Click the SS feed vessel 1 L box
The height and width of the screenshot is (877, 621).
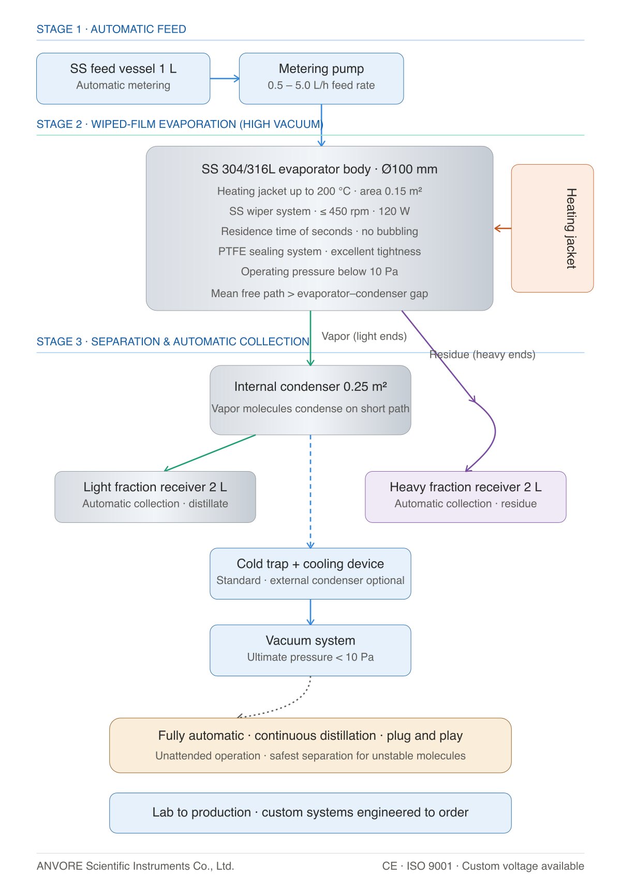coord(123,78)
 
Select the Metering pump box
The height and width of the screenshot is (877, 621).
coord(321,78)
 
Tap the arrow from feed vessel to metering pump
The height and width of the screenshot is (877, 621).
coord(225,78)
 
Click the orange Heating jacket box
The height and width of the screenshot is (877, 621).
coord(552,228)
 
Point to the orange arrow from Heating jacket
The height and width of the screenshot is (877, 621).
coord(502,228)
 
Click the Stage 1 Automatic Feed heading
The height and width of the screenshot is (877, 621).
coord(111,29)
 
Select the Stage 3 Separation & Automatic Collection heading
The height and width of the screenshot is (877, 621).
coord(172,341)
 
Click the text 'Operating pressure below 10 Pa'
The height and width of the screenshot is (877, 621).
coord(319,271)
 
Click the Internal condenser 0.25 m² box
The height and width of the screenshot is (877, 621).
coord(310,400)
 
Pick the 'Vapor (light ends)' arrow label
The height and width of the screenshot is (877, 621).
coord(364,337)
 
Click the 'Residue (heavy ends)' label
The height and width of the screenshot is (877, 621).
coord(482,354)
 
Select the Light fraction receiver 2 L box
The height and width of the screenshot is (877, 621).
coord(155,497)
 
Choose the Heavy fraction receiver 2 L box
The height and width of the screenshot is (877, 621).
coord(466,497)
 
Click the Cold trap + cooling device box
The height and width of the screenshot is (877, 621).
coord(310,574)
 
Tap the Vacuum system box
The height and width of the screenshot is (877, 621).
coord(310,650)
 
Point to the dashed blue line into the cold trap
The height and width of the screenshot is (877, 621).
coord(310,491)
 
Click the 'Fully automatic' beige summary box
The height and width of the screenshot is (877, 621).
coord(310,746)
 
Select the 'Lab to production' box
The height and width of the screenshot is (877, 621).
coord(310,813)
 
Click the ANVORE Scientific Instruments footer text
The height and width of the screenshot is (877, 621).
coord(136,866)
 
